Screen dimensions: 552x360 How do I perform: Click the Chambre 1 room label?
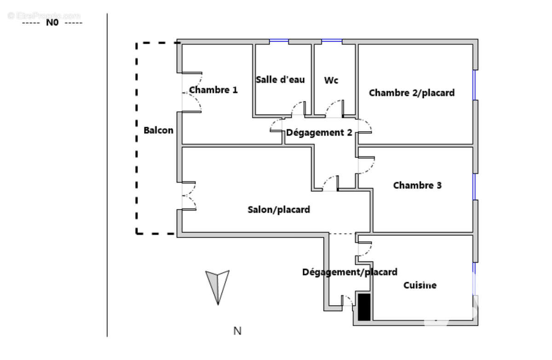pyautogui.click(x=213, y=90)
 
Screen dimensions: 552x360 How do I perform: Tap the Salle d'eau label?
pyautogui.click(x=280, y=80)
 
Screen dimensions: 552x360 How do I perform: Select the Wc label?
pyautogui.click(x=331, y=81)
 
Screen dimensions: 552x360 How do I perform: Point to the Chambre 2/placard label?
pyautogui.click(x=412, y=93)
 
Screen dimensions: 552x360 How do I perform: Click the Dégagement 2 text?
pyautogui.click(x=319, y=133)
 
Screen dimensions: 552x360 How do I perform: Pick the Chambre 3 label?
pyautogui.click(x=417, y=186)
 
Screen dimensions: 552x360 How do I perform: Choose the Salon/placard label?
pyautogui.click(x=279, y=209)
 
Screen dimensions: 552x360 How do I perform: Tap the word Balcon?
pyautogui.click(x=158, y=130)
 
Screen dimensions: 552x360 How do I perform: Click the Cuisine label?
pyautogui.click(x=420, y=285)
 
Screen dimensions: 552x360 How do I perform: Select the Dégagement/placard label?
pyautogui.click(x=350, y=272)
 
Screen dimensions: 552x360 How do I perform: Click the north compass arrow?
pyautogui.click(x=217, y=286)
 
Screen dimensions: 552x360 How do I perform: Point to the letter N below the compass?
pyautogui.click(x=237, y=331)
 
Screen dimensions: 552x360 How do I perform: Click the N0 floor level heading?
pyautogui.click(x=52, y=23)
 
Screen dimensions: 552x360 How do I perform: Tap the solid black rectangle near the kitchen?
pyautogui.click(x=364, y=307)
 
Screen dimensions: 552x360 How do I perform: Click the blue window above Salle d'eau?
pyautogui.click(x=279, y=40)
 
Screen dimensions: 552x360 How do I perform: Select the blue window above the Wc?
pyautogui.click(x=332, y=40)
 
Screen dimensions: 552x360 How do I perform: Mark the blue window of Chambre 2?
pyautogui.click(x=474, y=85)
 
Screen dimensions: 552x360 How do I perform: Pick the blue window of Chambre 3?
pyautogui.click(x=474, y=186)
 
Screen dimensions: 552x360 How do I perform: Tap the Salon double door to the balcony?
pyautogui.click(x=189, y=196)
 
